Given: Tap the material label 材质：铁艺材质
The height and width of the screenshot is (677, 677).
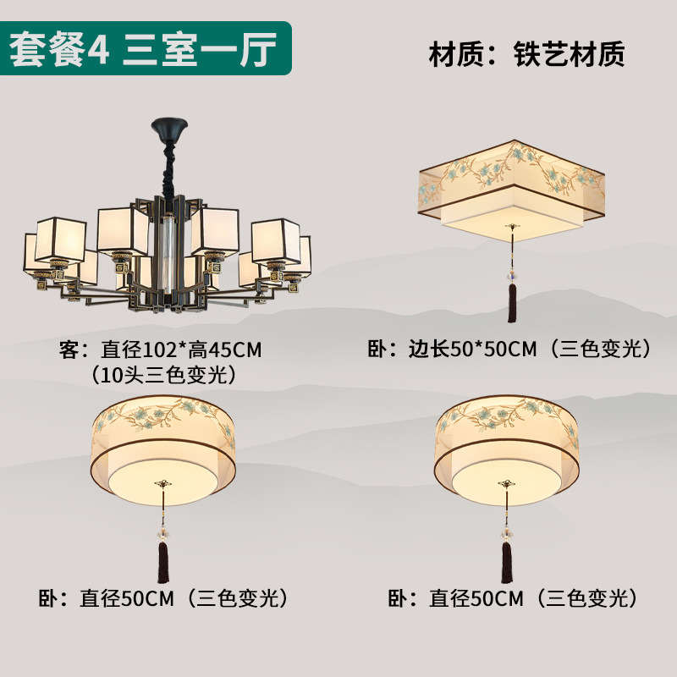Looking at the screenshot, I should point(526,55).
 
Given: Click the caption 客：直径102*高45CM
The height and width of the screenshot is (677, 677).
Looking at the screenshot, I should point(160,349).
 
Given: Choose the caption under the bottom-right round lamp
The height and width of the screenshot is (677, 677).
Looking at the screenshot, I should point(511,599).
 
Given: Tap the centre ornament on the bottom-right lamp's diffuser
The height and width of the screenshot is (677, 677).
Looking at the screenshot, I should point(506,484).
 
